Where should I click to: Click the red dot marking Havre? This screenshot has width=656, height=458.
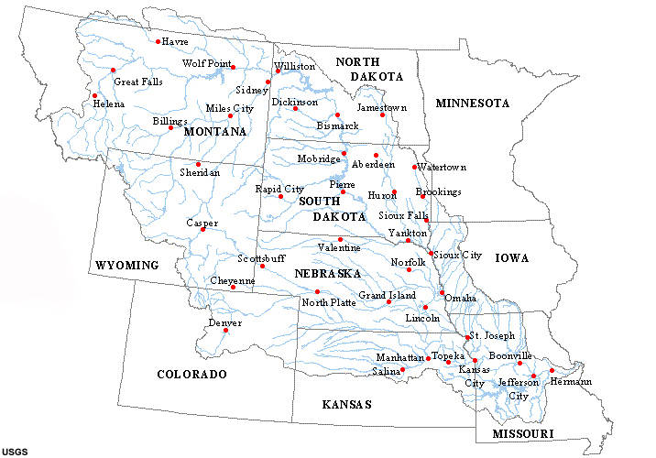click(159, 41)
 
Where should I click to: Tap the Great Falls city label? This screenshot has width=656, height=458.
click(138, 82)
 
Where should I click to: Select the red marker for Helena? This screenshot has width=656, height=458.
click(94, 94)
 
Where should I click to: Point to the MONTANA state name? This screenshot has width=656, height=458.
click(215, 132)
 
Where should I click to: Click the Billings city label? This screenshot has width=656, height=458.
click(169, 121)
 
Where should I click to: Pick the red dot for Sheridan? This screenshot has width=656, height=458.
click(198, 165)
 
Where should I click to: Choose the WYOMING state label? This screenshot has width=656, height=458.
click(126, 266)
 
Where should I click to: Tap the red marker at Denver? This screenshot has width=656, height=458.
click(224, 331)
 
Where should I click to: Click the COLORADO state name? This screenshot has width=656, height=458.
click(191, 375)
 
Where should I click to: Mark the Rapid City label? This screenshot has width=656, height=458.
click(279, 189)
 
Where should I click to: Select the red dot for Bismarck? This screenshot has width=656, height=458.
click(337, 115)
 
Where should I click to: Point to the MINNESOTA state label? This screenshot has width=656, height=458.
click(472, 104)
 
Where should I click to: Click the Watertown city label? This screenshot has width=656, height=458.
click(443, 168)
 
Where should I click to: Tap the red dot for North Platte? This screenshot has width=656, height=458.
click(318, 291)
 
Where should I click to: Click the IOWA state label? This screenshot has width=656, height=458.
click(512, 259)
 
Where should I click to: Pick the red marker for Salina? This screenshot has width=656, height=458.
click(402, 370)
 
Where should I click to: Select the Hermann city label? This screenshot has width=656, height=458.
click(571, 381)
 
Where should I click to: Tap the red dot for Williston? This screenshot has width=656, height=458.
click(278, 71)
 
